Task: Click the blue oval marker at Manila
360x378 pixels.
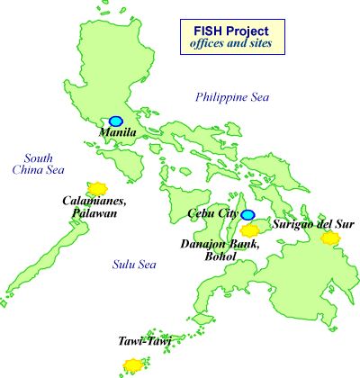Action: tap(115, 121)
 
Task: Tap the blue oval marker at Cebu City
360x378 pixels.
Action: tap(247, 215)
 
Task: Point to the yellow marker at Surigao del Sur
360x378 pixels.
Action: tap(330, 238)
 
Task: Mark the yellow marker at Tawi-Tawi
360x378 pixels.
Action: tap(132, 364)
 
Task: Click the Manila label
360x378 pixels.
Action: tap(117, 133)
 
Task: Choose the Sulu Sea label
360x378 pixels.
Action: tap(134, 265)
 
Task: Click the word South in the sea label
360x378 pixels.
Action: tap(40, 157)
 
